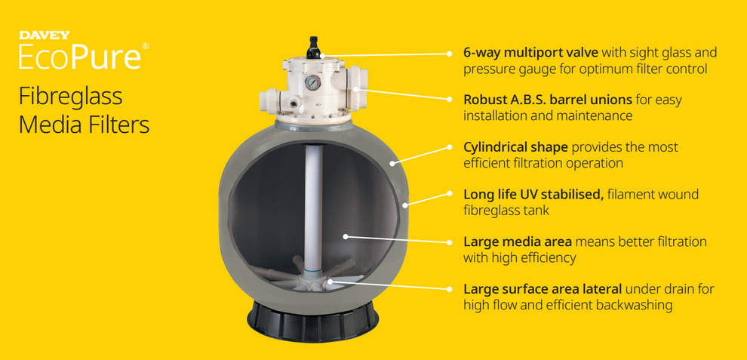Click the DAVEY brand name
(x=44, y=35)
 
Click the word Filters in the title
(x=116, y=125)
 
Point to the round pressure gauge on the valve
(x=312, y=82)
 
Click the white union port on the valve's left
(x=269, y=98)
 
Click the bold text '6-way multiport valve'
(x=530, y=53)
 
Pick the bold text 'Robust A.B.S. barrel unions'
(x=548, y=100)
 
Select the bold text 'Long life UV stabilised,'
(x=533, y=195)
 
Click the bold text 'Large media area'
(x=518, y=242)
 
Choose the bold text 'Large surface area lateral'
(x=543, y=289)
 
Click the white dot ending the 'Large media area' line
(x=346, y=236)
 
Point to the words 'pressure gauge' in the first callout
(x=503, y=69)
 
